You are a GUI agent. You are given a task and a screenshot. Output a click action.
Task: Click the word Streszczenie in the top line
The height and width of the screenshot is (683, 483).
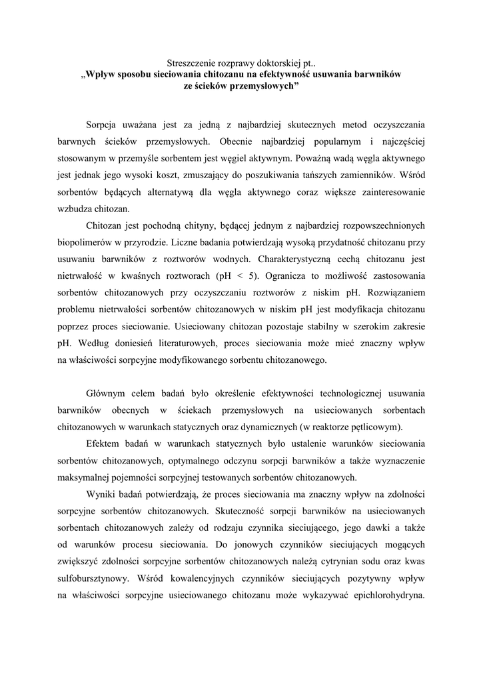191,61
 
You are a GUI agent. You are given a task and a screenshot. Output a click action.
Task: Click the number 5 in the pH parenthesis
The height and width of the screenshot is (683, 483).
246,275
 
